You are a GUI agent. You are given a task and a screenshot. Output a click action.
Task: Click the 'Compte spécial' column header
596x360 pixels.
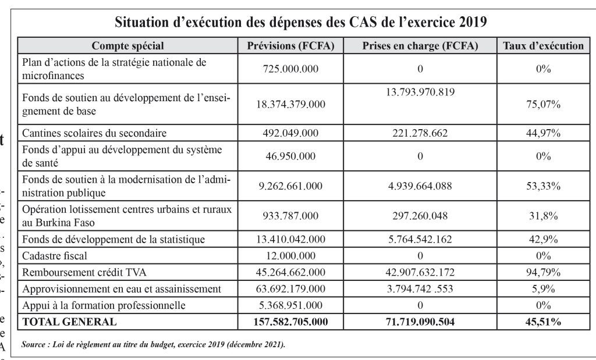[x=128, y=46]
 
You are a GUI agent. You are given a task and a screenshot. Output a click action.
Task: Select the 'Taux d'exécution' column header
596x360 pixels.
[x=542, y=46]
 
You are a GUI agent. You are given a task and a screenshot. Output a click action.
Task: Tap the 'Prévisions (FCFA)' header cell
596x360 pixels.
[x=290, y=46]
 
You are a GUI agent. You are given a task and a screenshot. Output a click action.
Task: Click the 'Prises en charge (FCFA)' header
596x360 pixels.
[x=420, y=46]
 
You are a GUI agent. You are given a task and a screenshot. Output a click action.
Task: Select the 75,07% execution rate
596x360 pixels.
[x=542, y=105]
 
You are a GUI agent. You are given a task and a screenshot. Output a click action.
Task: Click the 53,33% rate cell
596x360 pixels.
[x=542, y=186]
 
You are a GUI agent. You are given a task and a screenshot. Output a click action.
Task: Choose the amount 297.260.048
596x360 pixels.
[x=420, y=216]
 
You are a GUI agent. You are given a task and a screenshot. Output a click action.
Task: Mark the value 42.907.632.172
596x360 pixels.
[x=420, y=272]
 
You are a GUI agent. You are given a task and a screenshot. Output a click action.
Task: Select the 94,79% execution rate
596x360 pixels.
[x=542, y=272]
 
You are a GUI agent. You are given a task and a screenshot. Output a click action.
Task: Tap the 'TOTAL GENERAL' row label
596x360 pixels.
[x=69, y=322]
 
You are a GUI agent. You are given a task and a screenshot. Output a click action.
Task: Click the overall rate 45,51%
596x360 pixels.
[x=542, y=322]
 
